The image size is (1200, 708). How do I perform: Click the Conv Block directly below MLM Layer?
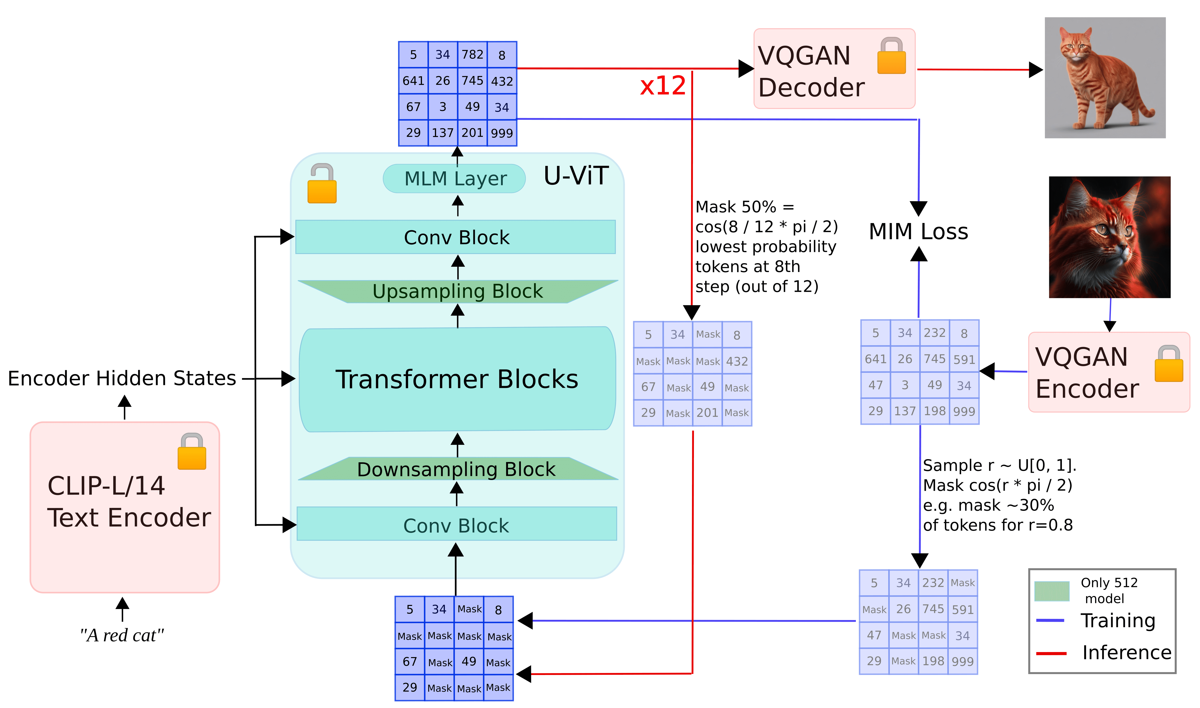coord(456,237)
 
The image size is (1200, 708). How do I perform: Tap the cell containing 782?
coord(472,55)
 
